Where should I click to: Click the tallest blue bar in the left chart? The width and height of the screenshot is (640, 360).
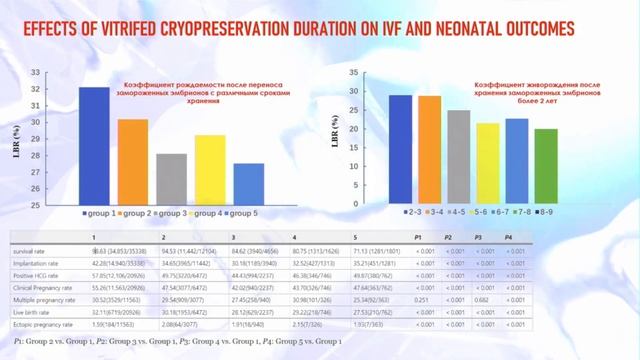point(94,146)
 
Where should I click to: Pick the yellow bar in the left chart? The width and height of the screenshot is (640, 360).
point(209,170)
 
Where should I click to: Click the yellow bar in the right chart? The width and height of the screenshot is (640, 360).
point(459,164)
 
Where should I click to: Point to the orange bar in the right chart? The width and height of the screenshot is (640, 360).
point(430,150)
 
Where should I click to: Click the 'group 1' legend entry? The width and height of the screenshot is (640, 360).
point(101,213)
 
